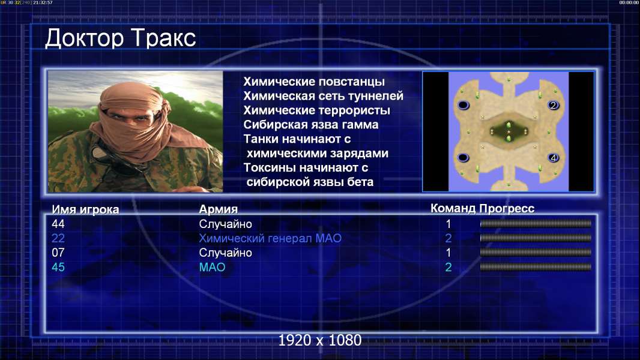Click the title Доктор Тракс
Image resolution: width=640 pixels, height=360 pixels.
(x=121, y=39)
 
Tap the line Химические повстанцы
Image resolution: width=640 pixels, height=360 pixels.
(x=314, y=82)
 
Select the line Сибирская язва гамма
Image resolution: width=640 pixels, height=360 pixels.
(x=310, y=125)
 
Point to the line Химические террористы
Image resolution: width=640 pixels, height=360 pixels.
(x=317, y=110)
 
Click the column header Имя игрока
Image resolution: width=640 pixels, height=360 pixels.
(x=85, y=209)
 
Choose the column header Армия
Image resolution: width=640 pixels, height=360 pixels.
(x=218, y=209)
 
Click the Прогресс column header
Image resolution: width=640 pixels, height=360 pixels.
(x=507, y=208)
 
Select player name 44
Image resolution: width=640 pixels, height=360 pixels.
(x=58, y=224)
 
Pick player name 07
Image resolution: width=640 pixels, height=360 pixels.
(x=58, y=253)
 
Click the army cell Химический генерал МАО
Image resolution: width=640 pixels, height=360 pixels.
(x=270, y=238)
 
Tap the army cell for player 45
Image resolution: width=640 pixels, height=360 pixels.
(x=212, y=268)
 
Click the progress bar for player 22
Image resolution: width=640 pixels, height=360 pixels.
(x=536, y=238)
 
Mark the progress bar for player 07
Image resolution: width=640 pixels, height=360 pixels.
(x=536, y=253)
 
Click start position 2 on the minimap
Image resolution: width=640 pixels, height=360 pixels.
(x=553, y=105)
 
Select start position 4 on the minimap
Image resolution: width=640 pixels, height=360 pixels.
(x=553, y=158)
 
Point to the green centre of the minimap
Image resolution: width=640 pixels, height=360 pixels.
(x=509, y=131)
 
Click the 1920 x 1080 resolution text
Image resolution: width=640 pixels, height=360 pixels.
(x=320, y=340)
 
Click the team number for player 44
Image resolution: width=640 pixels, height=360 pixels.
(x=448, y=224)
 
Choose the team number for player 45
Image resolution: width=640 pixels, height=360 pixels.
(x=448, y=268)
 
